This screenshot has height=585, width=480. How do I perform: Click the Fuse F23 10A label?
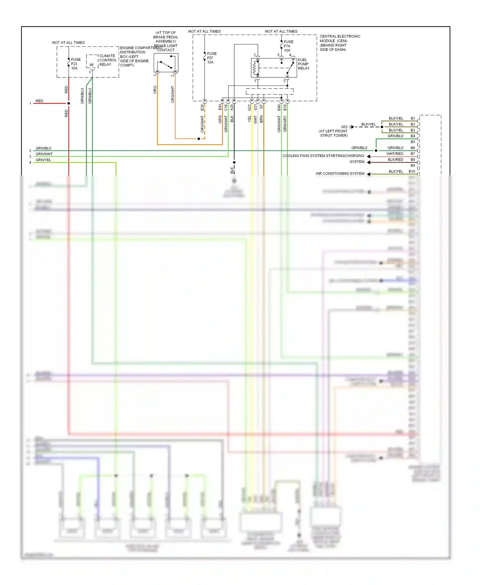(x=76, y=64)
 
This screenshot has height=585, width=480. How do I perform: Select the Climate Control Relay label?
(x=108, y=60)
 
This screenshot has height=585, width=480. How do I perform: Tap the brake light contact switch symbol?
(x=166, y=63)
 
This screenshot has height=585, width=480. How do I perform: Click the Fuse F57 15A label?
(x=212, y=58)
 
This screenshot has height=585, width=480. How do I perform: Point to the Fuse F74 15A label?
(x=288, y=46)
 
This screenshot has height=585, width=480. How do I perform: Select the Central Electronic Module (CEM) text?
(x=340, y=43)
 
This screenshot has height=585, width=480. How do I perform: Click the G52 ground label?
(x=344, y=127)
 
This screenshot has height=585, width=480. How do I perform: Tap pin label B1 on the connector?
(x=413, y=118)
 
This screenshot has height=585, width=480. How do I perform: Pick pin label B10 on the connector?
(x=412, y=172)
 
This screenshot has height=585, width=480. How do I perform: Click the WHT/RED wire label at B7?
(x=395, y=154)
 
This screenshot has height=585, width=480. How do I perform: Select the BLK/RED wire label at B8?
(x=395, y=160)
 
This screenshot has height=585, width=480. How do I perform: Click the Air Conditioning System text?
(x=340, y=173)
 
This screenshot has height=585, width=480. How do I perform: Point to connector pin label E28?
(x=202, y=108)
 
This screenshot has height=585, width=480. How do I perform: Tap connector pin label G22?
(x=250, y=108)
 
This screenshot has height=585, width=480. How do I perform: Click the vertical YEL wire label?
(x=250, y=119)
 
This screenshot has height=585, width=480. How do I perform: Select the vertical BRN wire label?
(x=261, y=119)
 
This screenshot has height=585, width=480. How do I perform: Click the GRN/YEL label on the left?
(x=43, y=160)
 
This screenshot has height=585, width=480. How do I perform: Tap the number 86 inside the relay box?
(x=92, y=65)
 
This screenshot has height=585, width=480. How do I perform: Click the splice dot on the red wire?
(x=68, y=103)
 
